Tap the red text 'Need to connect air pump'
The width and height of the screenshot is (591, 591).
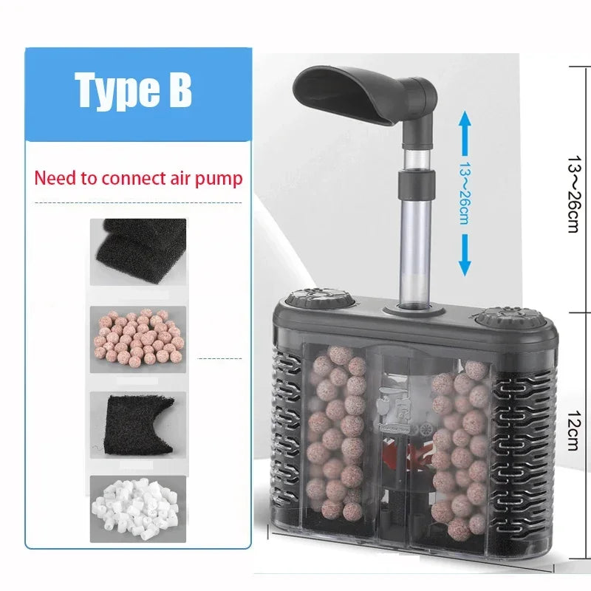click(138, 178)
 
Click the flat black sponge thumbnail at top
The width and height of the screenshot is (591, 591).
click(138, 251)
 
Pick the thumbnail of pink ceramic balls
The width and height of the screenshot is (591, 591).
click(138, 339)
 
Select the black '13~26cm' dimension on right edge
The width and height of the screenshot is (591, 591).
click(573, 194)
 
